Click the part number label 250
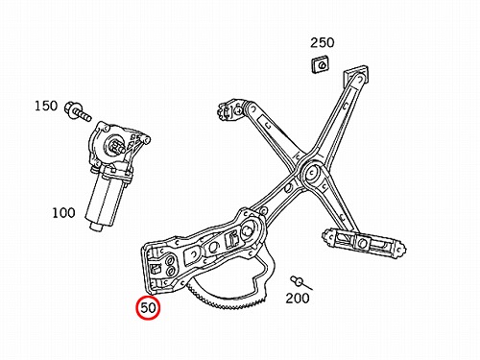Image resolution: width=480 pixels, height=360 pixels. (323, 42)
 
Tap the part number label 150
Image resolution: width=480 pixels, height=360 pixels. (46, 106)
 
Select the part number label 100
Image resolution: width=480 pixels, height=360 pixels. (63, 213)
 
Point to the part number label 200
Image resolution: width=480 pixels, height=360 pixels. (298, 299)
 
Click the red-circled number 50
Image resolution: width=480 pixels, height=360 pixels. (148, 308)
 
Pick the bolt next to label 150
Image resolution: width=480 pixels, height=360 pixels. (78, 111)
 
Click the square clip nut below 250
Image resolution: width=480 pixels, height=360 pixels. (321, 64)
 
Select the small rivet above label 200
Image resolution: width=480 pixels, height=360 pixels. (300, 282)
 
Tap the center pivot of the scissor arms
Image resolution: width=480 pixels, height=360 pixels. (310, 173)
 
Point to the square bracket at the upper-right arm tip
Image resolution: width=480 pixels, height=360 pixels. (356, 75)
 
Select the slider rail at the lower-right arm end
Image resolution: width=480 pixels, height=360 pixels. (363, 242)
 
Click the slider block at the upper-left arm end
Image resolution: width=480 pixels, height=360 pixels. (229, 109)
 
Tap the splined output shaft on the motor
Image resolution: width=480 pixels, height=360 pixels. (117, 146)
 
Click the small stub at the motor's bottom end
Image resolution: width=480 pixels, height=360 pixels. (96, 227)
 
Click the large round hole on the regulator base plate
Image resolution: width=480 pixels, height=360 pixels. (248, 229)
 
